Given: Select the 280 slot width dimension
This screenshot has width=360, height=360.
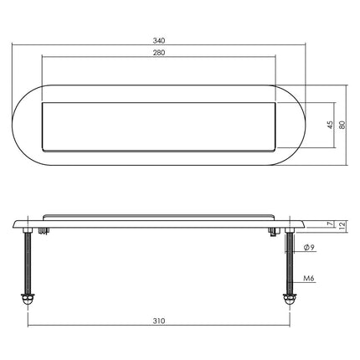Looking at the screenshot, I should (159, 53).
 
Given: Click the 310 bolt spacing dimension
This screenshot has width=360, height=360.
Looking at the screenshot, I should (159, 319).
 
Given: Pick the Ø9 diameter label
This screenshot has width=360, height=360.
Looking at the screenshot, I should (309, 248).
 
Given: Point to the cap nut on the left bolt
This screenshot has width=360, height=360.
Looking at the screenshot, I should (29, 298).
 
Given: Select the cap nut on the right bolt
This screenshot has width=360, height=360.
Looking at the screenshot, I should (289, 298).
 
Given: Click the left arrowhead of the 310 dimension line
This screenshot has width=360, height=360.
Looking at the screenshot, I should (31, 326).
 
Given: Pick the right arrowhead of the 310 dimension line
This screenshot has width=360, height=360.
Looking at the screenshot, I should (287, 326).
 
